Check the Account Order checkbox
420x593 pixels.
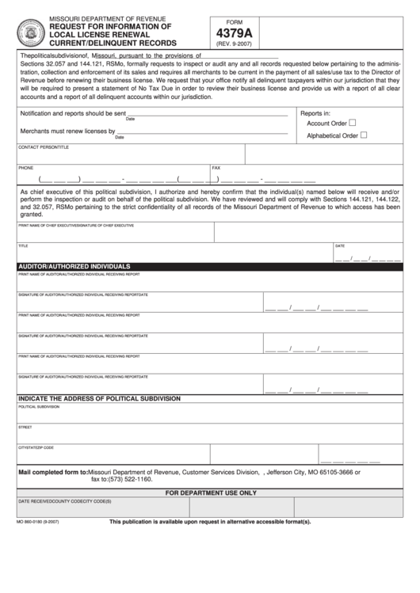tap(353, 123)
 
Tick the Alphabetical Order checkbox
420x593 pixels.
tap(364, 135)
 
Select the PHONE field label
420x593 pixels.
tap(25, 168)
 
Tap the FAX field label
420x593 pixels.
tap(216, 168)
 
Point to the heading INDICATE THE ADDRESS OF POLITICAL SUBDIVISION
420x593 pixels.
tap(99, 398)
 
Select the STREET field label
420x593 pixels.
tap(25, 427)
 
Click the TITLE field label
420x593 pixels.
tap(23, 245)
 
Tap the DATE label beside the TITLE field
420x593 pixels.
tap(339, 245)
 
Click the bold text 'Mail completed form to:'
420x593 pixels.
tap(52, 471)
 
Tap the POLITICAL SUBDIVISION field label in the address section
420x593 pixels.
tap(38, 406)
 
